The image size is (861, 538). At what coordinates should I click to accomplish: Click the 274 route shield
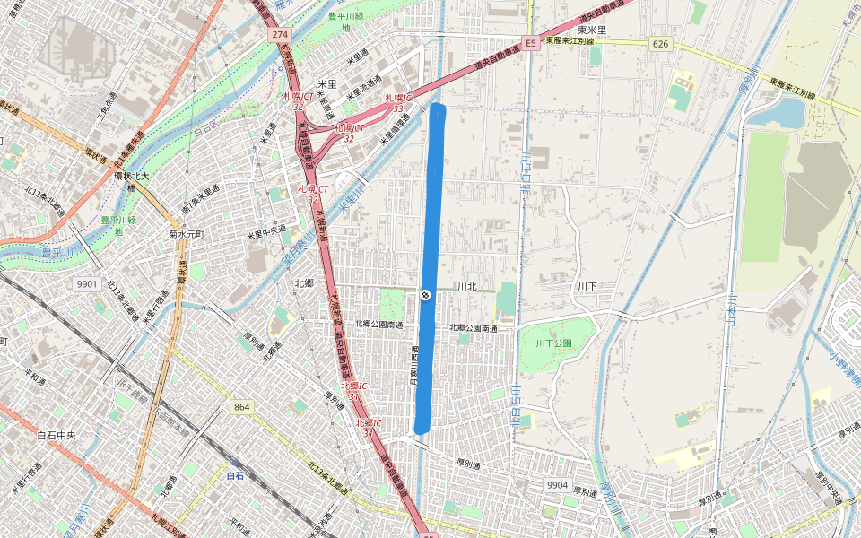pyautogui.click(x=280, y=34)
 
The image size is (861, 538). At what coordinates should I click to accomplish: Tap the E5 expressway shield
pyautogui.click(x=530, y=43)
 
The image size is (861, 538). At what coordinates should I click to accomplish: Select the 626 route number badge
pyautogui.click(x=661, y=44)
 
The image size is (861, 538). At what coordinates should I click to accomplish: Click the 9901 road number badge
pyautogui.click(x=87, y=283)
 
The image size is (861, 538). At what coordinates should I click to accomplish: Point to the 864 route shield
pyautogui.click(x=241, y=407)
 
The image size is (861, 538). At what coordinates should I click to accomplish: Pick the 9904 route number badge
pyautogui.click(x=557, y=485)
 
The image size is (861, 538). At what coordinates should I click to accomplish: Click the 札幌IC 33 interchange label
pyautogui.click(x=397, y=102)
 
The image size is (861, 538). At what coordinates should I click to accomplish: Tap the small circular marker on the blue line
pyautogui.click(x=425, y=295)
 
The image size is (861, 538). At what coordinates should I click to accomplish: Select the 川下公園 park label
pyautogui.click(x=553, y=343)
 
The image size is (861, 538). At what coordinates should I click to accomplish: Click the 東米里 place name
pyautogui.click(x=592, y=30)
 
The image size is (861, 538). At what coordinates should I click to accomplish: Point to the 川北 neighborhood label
pyautogui.click(x=465, y=286)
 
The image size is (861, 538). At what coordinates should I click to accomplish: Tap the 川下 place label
pyautogui.click(x=587, y=286)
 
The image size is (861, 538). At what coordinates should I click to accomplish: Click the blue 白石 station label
pyautogui.click(x=235, y=475)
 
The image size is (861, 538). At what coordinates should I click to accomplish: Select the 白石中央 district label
pyautogui.click(x=56, y=435)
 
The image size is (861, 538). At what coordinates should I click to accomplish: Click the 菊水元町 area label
pyautogui.click(x=187, y=234)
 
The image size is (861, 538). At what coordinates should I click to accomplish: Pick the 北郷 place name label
pyautogui.click(x=303, y=282)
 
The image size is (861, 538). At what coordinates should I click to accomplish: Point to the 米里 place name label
pyautogui.click(x=326, y=83)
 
